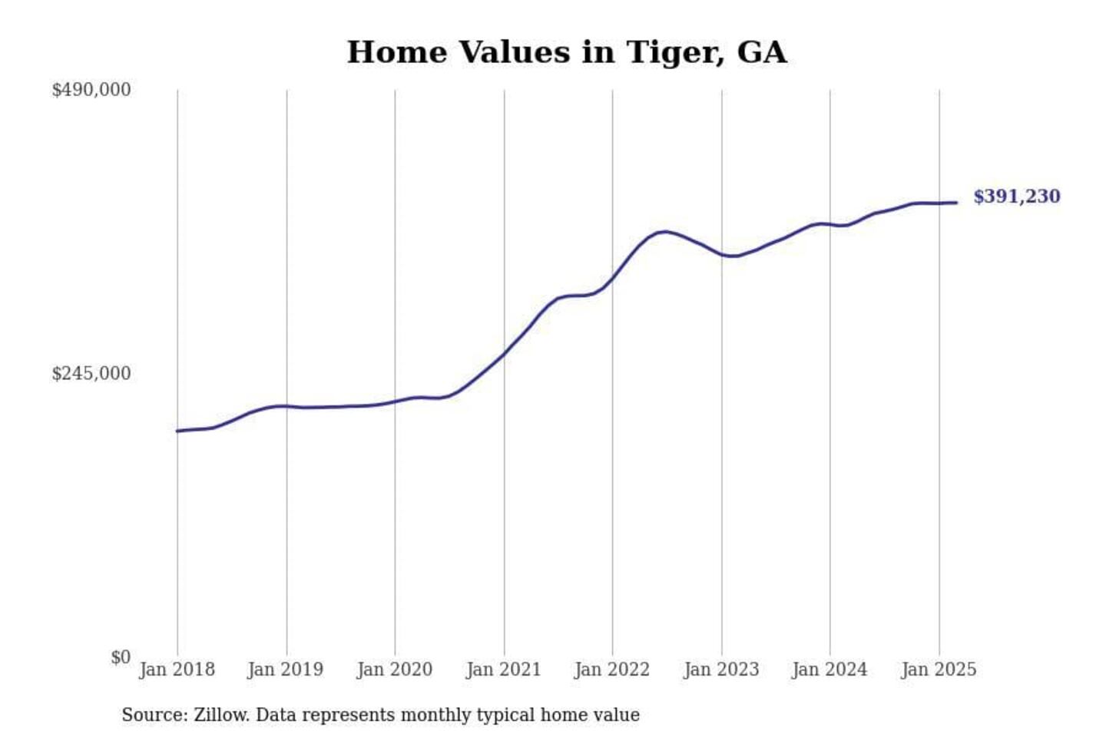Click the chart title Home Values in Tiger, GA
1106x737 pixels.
[566, 52]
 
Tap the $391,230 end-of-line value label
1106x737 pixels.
[1016, 197]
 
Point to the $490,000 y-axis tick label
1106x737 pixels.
[91, 90]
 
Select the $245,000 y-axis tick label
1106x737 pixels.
[91, 374]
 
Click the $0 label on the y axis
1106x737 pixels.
[121, 657]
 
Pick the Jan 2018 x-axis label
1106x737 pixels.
[177, 669]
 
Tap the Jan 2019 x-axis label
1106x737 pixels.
[286, 669]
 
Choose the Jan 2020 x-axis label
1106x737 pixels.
[394, 669]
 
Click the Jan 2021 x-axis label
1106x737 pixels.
[503, 669]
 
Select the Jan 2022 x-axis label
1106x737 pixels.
[612, 669]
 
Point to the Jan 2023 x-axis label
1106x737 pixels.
[721, 669]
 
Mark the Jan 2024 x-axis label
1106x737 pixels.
[829, 669]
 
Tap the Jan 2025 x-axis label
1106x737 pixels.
[939, 669]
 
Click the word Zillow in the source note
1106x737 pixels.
[220, 715]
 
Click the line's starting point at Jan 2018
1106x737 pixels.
[177, 431]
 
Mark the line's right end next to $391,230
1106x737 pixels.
[956, 203]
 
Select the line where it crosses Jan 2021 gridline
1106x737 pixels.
[505, 353]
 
